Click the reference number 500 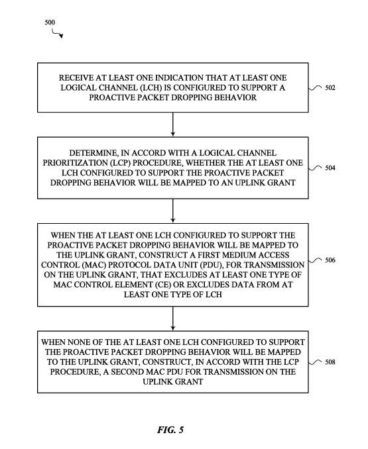[50, 23]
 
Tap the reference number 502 [330, 87]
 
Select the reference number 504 [330, 168]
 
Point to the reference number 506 [330, 260]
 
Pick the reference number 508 [330, 362]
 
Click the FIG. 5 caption [170, 430]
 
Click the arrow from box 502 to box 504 [173, 125]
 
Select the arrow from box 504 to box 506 [173, 211]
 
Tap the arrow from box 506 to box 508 [173, 319]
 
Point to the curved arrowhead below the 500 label [61, 36]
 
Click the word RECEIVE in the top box [72, 78]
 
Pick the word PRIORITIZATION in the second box [75, 163]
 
